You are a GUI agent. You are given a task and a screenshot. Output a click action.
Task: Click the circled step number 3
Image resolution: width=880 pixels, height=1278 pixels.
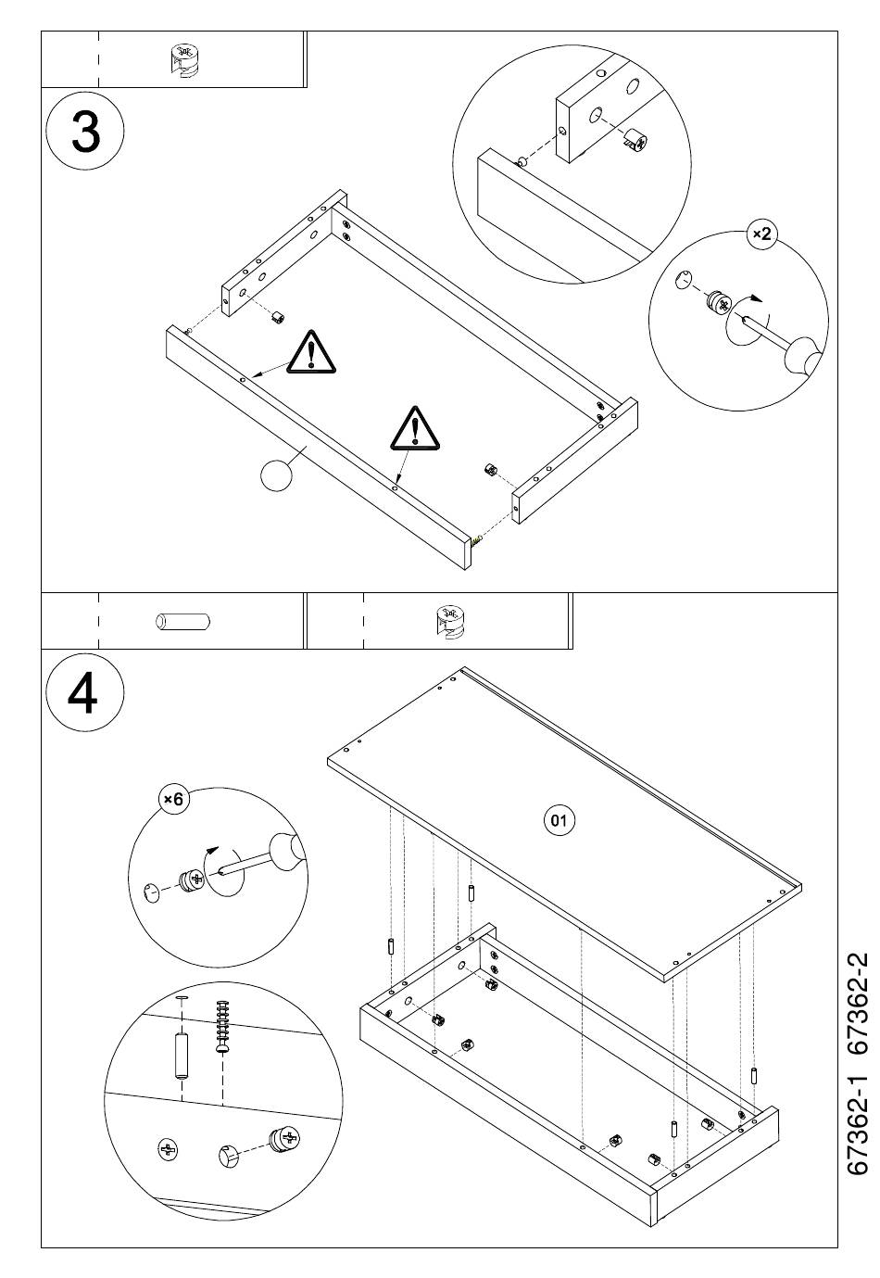click(x=85, y=130)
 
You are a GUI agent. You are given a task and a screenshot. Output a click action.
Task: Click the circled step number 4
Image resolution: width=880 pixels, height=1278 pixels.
click(x=84, y=692)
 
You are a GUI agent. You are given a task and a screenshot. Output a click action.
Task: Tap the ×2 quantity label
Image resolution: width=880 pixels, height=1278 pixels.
click(x=762, y=234)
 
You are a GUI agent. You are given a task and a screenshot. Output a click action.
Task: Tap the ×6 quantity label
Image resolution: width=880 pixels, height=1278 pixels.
click(x=173, y=799)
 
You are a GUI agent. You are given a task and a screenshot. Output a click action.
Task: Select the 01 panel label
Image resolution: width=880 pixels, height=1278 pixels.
click(x=559, y=820)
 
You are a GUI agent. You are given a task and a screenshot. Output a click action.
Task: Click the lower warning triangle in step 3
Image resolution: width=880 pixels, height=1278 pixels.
click(x=415, y=427)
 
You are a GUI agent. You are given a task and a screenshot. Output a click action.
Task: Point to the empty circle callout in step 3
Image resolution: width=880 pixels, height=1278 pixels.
click(x=275, y=475)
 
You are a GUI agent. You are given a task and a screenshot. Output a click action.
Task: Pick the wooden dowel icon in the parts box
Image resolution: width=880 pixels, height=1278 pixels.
click(x=182, y=621)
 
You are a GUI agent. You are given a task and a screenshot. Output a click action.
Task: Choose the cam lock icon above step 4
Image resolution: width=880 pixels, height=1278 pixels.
click(x=451, y=621)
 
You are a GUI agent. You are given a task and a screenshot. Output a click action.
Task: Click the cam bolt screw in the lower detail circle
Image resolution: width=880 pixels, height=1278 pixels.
click(x=222, y=1027)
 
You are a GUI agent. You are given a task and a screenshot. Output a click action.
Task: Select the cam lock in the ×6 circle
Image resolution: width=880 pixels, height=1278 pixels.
click(x=193, y=880)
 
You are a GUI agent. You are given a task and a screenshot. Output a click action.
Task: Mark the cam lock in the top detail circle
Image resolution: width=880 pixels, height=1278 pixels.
click(x=635, y=139)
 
